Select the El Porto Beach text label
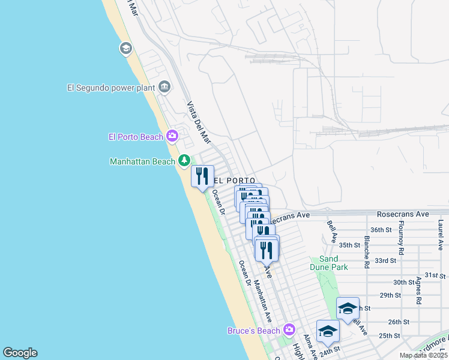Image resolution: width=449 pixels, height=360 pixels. [136, 137]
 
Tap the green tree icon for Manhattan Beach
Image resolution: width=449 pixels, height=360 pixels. [184, 161]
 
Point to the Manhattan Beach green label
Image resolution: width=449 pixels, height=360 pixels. [142, 161]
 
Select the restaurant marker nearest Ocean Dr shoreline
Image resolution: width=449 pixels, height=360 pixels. [202, 176]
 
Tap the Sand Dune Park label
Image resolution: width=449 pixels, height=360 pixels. [329, 262]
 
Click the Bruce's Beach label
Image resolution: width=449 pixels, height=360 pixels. [253, 331]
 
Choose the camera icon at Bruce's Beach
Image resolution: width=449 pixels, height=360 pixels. [289, 329]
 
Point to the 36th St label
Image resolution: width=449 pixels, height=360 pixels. [381, 230]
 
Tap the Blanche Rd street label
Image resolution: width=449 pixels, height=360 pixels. [366, 252]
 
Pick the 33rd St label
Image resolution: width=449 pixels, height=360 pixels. [385, 260]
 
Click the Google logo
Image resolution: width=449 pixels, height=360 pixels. [20, 353]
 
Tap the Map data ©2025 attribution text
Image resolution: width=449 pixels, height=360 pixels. [423, 355]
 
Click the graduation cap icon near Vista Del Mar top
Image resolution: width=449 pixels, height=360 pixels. [126, 49]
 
